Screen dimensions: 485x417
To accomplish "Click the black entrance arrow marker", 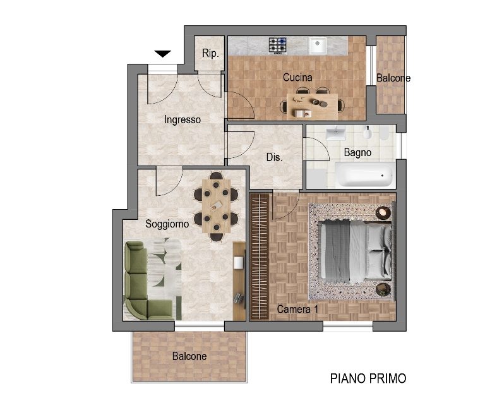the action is [x=163, y=54].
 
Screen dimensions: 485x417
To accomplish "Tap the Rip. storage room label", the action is [x=210, y=53].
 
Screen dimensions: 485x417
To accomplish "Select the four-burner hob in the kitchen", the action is [x=277, y=45].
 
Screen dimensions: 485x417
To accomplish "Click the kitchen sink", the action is [x=317, y=45].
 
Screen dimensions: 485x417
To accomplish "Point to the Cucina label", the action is [x=297, y=77].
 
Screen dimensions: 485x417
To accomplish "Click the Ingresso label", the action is [x=183, y=119].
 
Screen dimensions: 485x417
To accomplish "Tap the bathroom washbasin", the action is [x=335, y=133].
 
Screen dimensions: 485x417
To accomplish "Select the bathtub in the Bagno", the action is [x=364, y=175].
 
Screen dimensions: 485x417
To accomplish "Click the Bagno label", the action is [x=357, y=152].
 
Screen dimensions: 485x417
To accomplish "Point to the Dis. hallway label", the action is [x=274, y=157].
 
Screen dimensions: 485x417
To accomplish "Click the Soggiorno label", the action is [x=167, y=224].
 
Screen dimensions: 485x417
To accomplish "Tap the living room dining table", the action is [x=216, y=206].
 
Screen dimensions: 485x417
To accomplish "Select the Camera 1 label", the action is [x=297, y=309].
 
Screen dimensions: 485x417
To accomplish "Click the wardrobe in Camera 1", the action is [x=260, y=257].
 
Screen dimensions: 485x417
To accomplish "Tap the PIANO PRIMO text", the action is [x=368, y=378].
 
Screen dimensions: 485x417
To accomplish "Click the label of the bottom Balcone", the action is [x=189, y=356].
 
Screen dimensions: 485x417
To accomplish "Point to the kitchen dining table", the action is [x=312, y=106].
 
